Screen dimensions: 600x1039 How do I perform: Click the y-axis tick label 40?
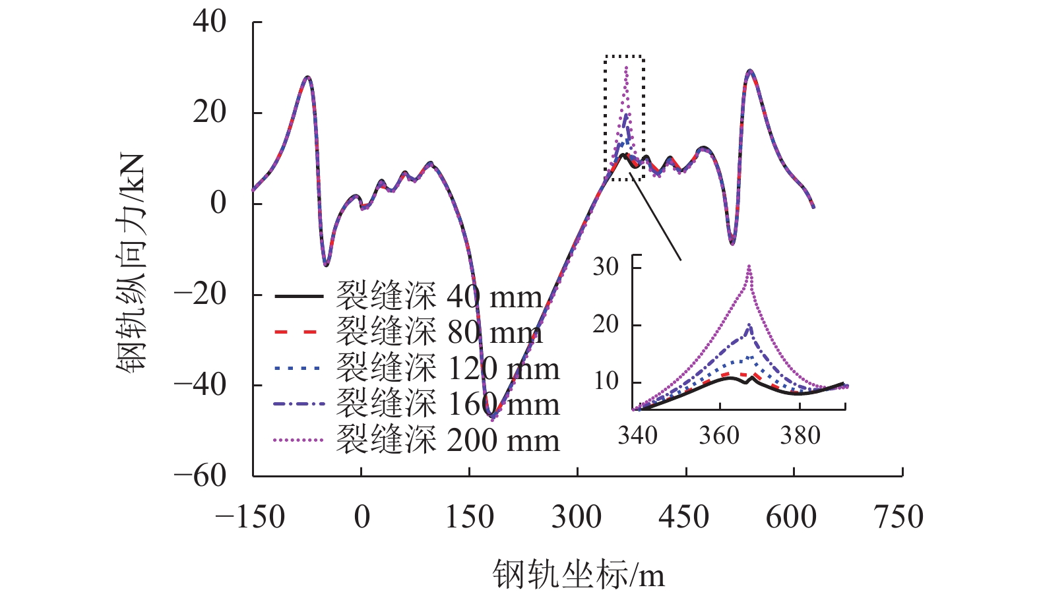(209, 22)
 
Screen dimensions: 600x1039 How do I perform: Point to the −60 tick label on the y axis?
(199, 475)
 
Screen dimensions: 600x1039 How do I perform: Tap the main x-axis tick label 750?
(898, 517)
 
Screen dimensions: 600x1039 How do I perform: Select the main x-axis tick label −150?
(250, 517)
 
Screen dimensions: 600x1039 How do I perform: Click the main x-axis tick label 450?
(684, 517)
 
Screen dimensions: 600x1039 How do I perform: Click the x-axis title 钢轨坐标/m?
(579, 574)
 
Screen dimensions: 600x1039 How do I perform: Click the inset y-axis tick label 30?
(606, 267)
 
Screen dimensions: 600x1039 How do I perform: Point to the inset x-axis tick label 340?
(637, 435)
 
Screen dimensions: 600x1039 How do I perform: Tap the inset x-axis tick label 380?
(800, 435)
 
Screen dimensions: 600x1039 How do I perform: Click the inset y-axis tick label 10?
(606, 381)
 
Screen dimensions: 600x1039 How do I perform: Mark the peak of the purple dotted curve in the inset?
(749, 266)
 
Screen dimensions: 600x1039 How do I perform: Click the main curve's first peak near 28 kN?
(307, 77)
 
